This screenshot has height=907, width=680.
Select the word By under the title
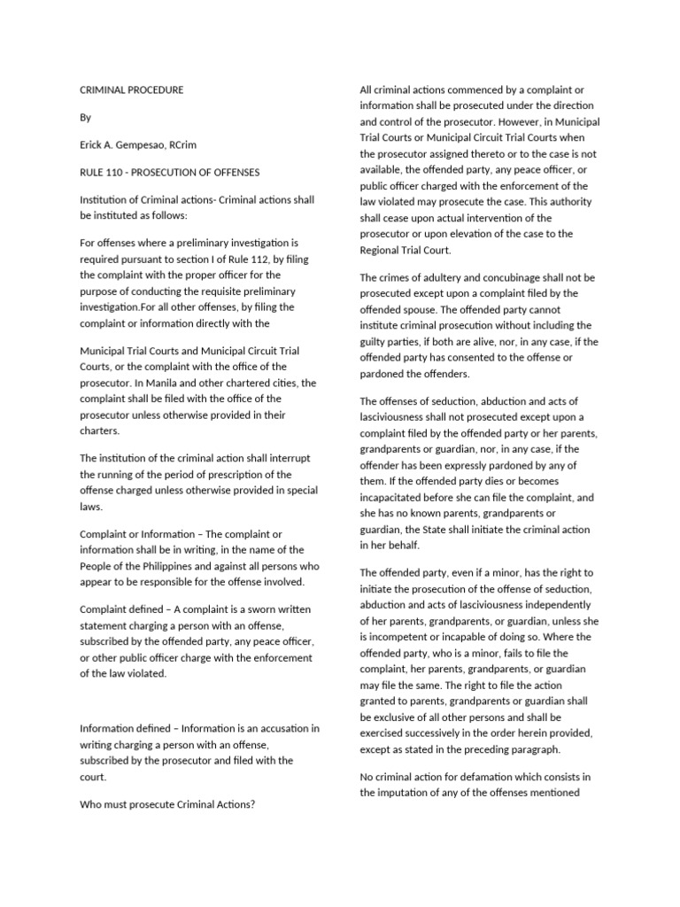pyautogui.click(x=85, y=118)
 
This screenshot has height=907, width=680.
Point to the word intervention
pyautogui.click(x=522, y=218)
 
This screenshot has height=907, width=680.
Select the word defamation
pyautogui.click(x=481, y=777)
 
